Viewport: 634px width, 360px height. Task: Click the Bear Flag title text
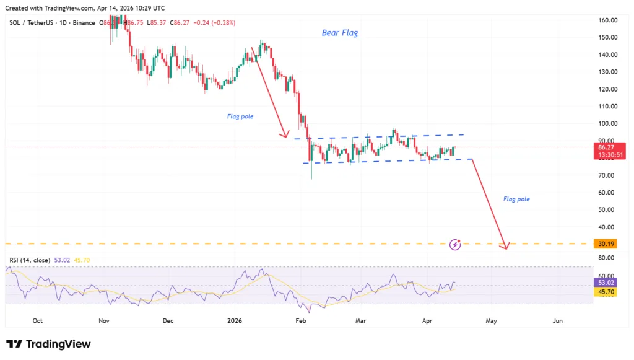[x=340, y=33]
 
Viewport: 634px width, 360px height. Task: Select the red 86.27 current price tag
[x=607, y=148]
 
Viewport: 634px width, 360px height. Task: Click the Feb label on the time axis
[x=301, y=321]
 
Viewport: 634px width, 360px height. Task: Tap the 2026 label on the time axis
[x=234, y=321]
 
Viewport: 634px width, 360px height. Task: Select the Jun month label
[x=558, y=321]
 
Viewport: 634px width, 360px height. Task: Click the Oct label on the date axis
[x=37, y=321]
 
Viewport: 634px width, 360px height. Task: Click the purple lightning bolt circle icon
[x=456, y=244]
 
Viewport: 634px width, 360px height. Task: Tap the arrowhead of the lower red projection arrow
[x=506, y=247]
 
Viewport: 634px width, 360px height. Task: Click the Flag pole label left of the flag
[x=240, y=116]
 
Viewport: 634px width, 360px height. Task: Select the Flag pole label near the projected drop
[x=516, y=200]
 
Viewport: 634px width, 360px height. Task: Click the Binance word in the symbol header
[x=84, y=23]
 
